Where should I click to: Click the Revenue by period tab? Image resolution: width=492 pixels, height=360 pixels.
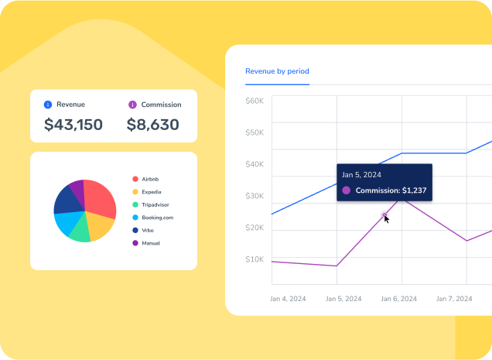coord(277,71)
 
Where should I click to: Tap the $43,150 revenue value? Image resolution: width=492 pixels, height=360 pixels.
coord(73,125)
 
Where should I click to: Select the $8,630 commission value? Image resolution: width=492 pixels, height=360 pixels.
coord(153,125)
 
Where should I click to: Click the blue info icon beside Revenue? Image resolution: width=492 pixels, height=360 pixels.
coord(48,105)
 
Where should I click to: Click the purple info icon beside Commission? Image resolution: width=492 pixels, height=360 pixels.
coord(132,105)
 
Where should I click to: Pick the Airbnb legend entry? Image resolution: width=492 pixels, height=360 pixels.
coord(150,179)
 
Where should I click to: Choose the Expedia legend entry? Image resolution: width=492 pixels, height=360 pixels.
coord(151,192)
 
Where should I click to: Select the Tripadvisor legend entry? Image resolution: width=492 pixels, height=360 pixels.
coord(155,204)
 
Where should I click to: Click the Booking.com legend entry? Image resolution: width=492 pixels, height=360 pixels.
coord(157,218)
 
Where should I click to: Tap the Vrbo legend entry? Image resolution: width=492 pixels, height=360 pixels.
coord(149,230)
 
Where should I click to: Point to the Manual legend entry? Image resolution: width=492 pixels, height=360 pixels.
coord(151,243)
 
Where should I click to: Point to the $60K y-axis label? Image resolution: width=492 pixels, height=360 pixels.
coord(255,101)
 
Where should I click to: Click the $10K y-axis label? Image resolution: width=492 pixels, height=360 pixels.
coord(255,259)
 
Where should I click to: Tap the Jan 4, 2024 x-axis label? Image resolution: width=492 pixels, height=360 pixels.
coord(289,298)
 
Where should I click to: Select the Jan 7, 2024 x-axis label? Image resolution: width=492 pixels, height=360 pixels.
coord(455,298)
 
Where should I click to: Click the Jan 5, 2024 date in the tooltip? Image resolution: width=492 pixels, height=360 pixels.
coord(362,175)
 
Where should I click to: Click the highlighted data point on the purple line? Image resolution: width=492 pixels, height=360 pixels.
coord(385,216)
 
